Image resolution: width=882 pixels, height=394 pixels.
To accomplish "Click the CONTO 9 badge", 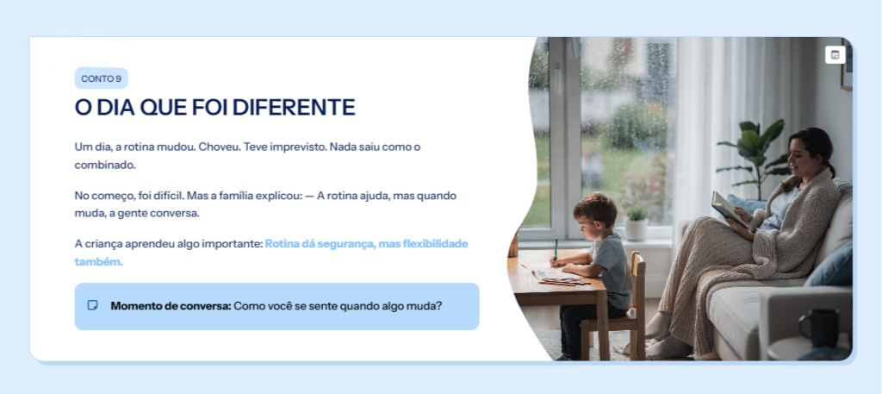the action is (x=102, y=78).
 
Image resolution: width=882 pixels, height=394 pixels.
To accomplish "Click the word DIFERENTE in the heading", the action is (x=294, y=107).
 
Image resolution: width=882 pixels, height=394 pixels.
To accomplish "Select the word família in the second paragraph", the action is (x=232, y=196).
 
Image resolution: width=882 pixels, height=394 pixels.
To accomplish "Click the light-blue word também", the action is (x=98, y=262).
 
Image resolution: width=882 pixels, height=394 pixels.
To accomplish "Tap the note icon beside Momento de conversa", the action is (x=93, y=306).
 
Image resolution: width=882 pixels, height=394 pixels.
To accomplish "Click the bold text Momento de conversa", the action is (x=171, y=306).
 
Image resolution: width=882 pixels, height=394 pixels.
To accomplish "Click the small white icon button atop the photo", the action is (x=835, y=54).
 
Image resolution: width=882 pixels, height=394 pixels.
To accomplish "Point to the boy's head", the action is (x=594, y=213).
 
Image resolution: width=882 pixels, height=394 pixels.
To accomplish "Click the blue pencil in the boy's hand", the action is (x=556, y=250).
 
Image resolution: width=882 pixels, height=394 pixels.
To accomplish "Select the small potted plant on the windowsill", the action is (x=637, y=223).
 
